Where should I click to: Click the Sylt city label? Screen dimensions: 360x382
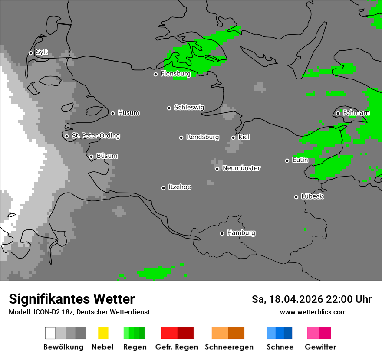click(42, 52)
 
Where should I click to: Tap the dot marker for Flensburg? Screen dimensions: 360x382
click(155, 74)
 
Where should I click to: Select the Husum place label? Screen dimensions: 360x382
click(128, 113)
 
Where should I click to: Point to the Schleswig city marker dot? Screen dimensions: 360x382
click(169, 108)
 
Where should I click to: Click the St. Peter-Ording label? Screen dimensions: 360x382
click(95, 136)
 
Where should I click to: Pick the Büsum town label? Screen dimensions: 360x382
click(107, 156)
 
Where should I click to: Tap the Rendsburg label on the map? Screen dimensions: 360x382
click(202, 137)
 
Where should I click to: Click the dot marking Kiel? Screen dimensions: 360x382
click(233, 137)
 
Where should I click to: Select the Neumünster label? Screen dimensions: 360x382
click(241, 168)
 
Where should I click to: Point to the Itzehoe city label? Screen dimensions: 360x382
click(180, 187)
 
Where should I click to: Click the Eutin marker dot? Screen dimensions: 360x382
click(287, 160)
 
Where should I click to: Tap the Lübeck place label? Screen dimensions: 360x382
click(312, 196)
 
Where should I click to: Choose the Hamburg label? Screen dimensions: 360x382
click(241, 233)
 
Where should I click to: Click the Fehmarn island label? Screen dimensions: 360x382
click(356, 113)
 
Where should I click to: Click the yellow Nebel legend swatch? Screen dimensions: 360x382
click(103, 333)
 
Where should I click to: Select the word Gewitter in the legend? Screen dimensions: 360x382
click(320, 347)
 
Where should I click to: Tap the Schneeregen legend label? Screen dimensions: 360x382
click(229, 347)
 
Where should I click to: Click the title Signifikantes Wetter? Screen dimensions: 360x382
click(72, 299)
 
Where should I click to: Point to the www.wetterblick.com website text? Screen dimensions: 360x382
click(313, 312)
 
